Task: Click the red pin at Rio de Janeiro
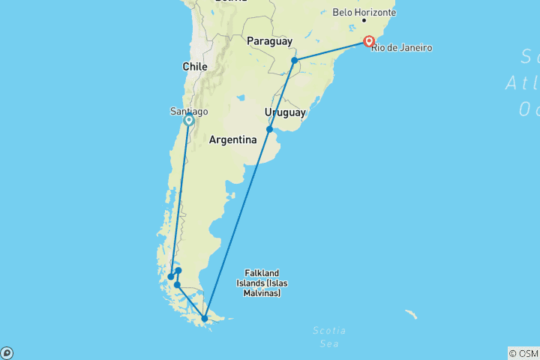click(369, 40)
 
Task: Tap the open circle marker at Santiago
click(188, 120)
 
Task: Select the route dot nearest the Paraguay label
click(295, 60)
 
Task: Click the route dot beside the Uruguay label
click(269, 129)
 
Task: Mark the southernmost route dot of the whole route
click(204, 319)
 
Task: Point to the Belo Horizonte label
click(364, 13)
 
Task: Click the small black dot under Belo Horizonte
click(364, 20)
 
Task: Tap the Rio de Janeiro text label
click(403, 48)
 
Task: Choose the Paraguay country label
click(268, 41)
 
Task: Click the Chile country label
click(194, 67)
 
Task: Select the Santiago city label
click(189, 111)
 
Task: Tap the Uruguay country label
click(285, 112)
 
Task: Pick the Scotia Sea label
click(328, 336)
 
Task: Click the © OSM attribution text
click(523, 353)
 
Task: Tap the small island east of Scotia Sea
click(411, 314)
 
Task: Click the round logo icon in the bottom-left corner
click(7, 353)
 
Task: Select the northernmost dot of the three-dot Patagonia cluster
click(178, 271)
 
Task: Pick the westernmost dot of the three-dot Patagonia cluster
click(171, 277)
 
